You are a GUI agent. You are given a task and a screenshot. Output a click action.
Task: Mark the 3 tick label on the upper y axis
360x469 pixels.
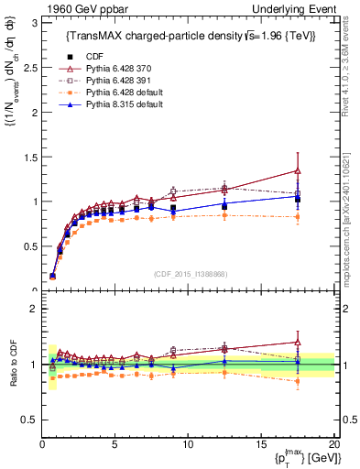(32, 22)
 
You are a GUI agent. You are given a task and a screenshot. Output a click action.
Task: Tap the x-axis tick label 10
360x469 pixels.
(188, 445)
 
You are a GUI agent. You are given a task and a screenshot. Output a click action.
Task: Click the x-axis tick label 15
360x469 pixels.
(261, 445)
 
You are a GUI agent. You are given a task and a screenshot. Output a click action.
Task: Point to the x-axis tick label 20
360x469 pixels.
(333, 445)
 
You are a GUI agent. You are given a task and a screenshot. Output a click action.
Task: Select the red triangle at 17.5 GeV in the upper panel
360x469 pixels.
(298, 170)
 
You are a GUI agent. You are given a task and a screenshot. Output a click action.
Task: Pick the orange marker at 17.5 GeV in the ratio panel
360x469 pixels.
(298, 381)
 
